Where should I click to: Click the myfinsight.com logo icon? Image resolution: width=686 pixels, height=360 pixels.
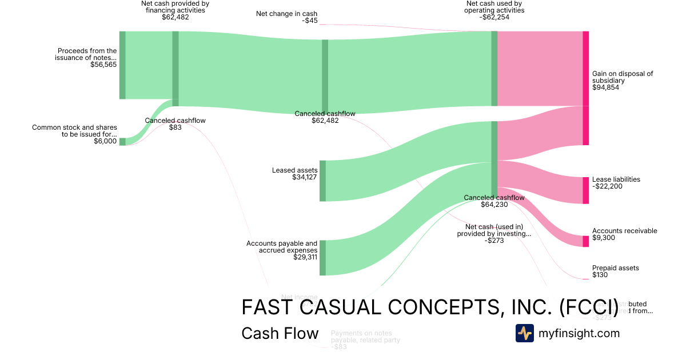coord(525,333)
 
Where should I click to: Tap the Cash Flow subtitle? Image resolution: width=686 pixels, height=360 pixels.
coord(280,333)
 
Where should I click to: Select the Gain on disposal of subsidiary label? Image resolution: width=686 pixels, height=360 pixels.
coord(622,81)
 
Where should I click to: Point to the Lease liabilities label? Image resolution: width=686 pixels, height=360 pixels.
coord(616,183)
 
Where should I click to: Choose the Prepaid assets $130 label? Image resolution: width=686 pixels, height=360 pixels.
coord(615,271)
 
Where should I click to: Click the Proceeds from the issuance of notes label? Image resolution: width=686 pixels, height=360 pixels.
coord(87,58)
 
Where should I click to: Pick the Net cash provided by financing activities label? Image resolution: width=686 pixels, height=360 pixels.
coord(175,10)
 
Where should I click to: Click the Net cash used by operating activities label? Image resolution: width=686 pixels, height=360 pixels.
coord(494,10)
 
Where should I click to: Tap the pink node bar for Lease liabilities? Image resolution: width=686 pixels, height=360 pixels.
coord(585,190)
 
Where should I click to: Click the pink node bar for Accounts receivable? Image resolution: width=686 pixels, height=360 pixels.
coord(585,241)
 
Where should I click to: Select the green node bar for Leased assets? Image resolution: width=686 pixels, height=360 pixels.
coord(322,181)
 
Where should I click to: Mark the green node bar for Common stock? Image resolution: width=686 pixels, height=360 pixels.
coord(122,141)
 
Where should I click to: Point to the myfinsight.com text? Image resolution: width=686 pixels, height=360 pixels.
coord(579,333)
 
